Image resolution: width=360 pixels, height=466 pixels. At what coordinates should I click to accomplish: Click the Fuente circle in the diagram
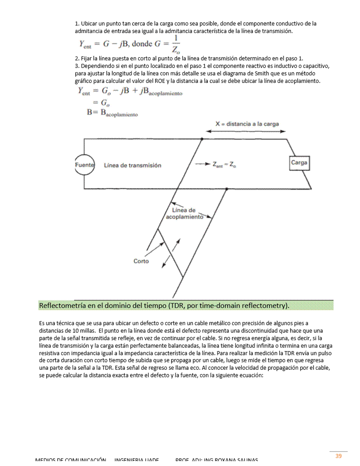(84, 165)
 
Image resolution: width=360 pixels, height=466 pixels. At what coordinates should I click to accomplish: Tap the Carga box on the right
(299, 163)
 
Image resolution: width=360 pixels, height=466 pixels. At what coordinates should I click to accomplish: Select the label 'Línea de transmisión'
(132, 165)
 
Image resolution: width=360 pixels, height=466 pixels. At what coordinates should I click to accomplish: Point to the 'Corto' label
(141, 261)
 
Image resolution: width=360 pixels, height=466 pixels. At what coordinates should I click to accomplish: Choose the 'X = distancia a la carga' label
(247, 124)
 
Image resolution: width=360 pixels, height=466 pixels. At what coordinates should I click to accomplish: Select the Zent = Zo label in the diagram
(223, 165)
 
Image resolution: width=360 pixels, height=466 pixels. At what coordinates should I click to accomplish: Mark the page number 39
(338, 456)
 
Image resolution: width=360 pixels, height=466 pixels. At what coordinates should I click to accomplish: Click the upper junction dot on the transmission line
(202, 139)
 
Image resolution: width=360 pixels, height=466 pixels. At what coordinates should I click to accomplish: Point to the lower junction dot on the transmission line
(226, 189)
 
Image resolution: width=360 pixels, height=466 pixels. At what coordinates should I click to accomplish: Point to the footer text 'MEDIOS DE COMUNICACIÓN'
(71, 460)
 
